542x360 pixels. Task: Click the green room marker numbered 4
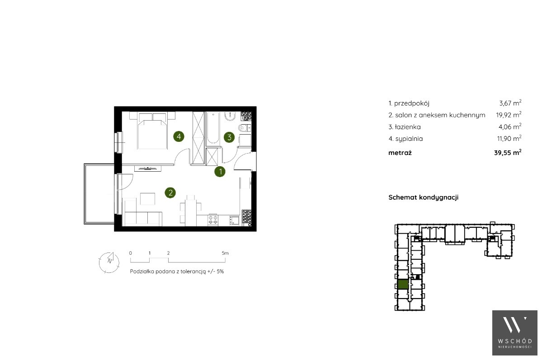(x=179, y=136)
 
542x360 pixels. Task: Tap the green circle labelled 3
(x=229, y=137)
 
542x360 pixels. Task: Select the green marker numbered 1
(x=220, y=171)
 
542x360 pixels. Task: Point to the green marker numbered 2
(x=170, y=192)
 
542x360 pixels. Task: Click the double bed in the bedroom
(x=152, y=130)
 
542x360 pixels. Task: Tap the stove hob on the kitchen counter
(x=212, y=220)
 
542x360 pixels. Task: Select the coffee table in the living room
(x=148, y=199)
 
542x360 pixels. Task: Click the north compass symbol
(x=109, y=262)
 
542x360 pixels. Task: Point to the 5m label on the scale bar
(x=225, y=253)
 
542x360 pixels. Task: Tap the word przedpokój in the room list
(x=412, y=103)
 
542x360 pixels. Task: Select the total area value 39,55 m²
(x=508, y=152)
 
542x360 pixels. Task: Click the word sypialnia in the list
(x=409, y=139)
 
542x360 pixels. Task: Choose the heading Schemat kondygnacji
(x=424, y=197)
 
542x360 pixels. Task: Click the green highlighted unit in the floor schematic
(x=403, y=284)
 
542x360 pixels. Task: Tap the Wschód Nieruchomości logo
(x=515, y=333)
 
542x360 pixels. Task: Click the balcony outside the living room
(x=99, y=194)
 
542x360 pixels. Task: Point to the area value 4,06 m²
(x=510, y=126)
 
